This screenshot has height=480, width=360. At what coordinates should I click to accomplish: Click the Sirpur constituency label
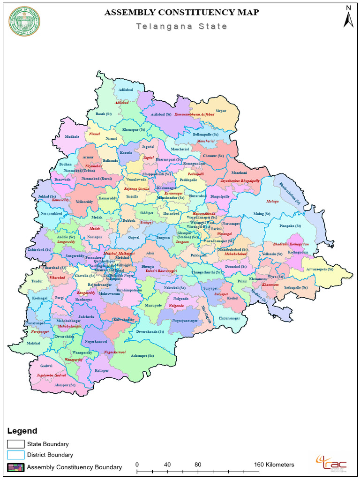click(x=221, y=111)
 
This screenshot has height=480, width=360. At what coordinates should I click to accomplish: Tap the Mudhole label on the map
click(x=72, y=137)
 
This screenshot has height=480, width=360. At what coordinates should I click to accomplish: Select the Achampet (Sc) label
click(x=142, y=356)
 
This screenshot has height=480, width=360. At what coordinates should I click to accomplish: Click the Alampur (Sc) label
click(x=65, y=385)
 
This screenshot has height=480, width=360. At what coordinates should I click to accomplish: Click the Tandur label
click(x=37, y=282)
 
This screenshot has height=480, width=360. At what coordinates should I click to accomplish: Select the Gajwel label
click(x=134, y=238)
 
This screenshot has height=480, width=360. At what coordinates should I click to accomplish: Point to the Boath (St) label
click(x=104, y=114)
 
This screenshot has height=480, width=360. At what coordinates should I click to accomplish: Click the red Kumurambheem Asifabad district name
click(x=194, y=114)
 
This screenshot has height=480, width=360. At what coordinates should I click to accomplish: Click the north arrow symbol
click(x=348, y=17)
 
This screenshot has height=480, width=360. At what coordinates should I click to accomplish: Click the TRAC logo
click(x=331, y=464)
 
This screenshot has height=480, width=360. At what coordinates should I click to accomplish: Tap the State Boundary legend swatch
click(x=15, y=444)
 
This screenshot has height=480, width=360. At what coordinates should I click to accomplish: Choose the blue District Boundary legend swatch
click(x=15, y=455)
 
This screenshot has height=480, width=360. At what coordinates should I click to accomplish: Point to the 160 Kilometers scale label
click(x=274, y=465)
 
